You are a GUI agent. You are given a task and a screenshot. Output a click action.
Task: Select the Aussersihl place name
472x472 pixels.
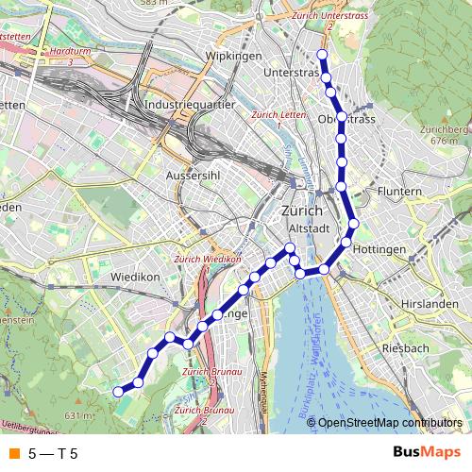[192, 177]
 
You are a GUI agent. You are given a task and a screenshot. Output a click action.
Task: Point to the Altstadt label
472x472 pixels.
[308, 228]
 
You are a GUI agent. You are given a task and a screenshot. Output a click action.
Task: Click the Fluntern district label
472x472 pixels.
[398, 192]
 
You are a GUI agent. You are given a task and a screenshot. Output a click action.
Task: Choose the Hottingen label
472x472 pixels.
[381, 249]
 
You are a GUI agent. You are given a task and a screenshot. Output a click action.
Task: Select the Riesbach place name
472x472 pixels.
[406, 348]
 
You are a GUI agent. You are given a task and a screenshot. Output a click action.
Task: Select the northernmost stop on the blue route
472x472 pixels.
[323, 55]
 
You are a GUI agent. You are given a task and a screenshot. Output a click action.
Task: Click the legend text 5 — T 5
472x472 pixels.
[53, 454]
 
